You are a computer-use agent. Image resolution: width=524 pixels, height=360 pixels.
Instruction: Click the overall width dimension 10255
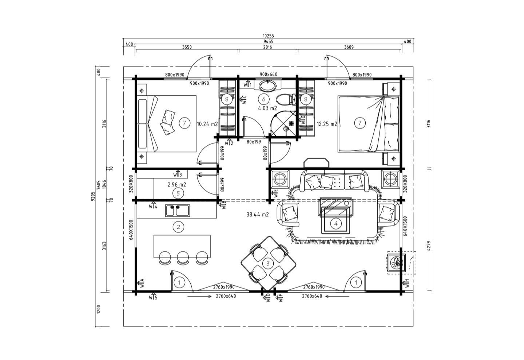pos(268,36)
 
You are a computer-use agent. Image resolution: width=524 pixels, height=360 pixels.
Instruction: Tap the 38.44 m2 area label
pos(258,215)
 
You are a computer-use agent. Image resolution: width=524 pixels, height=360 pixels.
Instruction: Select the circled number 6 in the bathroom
pos(263,99)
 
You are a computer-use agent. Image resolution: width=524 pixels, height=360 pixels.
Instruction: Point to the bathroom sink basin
pos(268,86)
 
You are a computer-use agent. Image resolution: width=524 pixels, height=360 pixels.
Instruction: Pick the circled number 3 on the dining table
pos(268,263)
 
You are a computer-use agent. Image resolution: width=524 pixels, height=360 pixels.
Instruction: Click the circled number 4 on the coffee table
pos(336,224)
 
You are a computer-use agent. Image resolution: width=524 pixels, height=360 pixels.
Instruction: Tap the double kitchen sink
pos(178,211)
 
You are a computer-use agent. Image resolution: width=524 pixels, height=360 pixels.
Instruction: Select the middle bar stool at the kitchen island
pos(183,258)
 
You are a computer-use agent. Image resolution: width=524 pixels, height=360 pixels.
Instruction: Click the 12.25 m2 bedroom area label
pos(327,124)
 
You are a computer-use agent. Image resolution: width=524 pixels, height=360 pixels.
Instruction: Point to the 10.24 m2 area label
pos(207,124)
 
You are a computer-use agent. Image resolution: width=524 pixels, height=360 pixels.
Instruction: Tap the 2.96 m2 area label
pos(176,185)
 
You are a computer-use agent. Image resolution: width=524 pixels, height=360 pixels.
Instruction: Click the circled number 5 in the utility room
pos(178,193)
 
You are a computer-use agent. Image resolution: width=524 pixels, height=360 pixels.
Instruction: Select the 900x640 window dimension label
pos(268,74)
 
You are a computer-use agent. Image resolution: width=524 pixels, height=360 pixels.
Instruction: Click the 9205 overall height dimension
pos(93,196)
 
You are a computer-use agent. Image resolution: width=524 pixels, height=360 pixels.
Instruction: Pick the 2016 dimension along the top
pos(267,47)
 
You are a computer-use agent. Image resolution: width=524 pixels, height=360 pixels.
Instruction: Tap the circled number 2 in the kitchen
pos(178,227)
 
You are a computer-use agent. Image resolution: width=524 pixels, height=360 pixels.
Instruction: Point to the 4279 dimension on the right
pos(428,246)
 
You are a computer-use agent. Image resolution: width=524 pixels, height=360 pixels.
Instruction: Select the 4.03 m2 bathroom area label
pos(267,108)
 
